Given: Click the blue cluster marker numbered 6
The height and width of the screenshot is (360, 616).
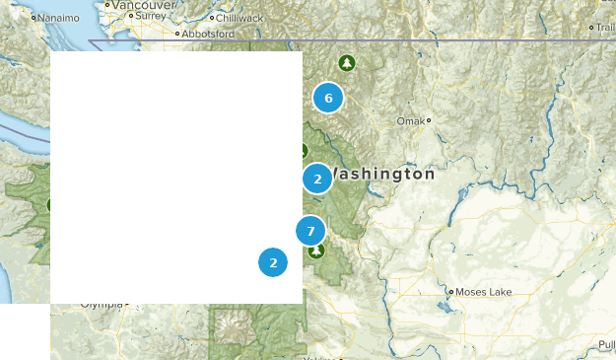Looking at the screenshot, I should tap(328, 98).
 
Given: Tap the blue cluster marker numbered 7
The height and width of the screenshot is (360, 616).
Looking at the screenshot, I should tap(310, 231).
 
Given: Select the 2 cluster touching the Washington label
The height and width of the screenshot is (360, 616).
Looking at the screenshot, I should tap(317, 179).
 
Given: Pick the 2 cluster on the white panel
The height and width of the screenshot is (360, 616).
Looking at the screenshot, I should tap(273, 262).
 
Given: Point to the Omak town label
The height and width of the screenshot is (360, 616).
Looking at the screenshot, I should tap(409, 120).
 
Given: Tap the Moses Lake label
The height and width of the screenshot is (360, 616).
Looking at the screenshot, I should tap(484, 292).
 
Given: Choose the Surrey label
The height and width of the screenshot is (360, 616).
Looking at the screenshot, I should tap(151, 17).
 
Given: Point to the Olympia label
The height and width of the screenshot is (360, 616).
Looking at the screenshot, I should tap(102, 305).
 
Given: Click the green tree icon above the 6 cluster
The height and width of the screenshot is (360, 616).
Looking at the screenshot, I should tap(346, 63).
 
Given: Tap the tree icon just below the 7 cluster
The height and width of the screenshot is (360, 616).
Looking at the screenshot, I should tap(315, 251).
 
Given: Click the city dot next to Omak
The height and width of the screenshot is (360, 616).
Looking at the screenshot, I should tap(429, 120).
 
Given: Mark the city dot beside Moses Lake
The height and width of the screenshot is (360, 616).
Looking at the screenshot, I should tap(451, 292).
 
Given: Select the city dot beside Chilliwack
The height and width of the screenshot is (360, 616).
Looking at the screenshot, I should tap(209, 18).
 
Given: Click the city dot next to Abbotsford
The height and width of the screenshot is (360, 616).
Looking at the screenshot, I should tap(178, 34).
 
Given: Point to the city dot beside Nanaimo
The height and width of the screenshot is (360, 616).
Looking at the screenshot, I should tap(34, 17).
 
